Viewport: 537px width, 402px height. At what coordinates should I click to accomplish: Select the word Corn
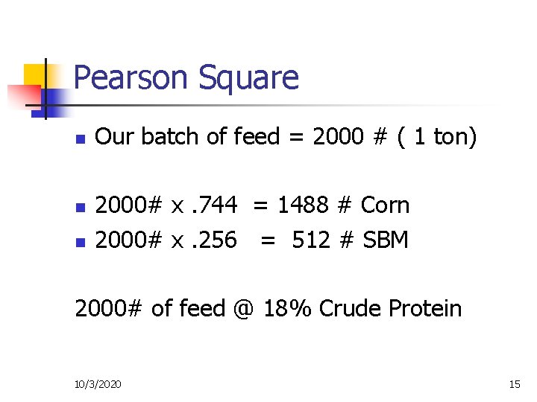[x=385, y=205]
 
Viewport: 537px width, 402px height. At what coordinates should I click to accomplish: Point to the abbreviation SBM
[x=386, y=240]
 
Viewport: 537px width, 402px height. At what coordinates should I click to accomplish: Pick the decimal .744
[x=216, y=205]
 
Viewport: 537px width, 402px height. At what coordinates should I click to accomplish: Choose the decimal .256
[x=216, y=240]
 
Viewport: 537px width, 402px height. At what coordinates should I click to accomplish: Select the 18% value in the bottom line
[x=288, y=308]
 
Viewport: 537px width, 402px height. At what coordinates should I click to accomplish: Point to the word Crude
[x=348, y=308]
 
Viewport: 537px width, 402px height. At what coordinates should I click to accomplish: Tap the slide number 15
[x=514, y=384]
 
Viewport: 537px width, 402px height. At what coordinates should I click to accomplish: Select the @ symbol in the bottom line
[x=242, y=308]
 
